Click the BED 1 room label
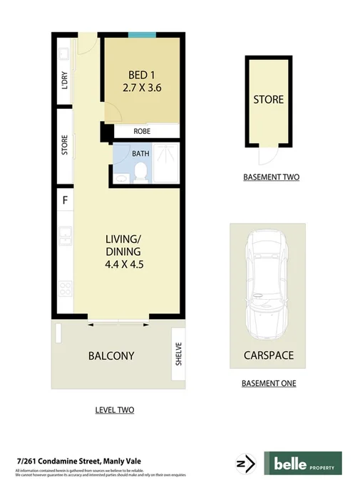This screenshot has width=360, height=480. point(140,75)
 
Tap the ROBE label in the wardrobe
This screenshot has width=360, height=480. point(141,132)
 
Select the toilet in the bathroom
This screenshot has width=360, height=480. point(141,172)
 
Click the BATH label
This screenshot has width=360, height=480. point(140,153)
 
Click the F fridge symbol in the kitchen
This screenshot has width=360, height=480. point(65,200)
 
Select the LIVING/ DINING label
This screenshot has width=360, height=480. point(123,245)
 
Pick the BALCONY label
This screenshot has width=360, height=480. point(110,355)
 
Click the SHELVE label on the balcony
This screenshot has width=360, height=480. point(179,354)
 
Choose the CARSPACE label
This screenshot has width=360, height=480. point(267,355)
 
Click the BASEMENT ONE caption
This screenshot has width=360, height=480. point(268,384)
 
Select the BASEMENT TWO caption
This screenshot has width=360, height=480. point(271,177)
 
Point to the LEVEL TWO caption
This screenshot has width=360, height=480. point(115,410)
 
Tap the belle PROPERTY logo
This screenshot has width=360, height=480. point(303,464)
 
